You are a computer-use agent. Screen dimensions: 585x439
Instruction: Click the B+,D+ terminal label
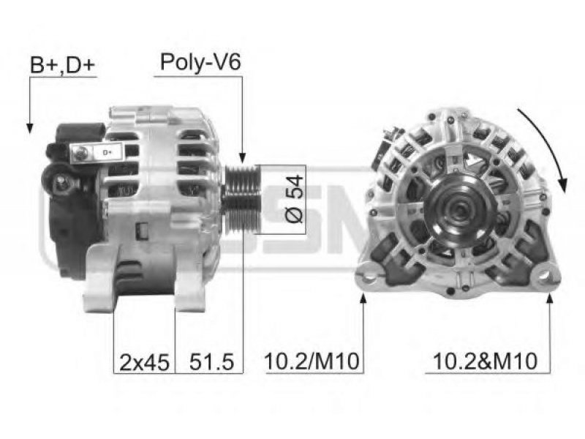(63, 65)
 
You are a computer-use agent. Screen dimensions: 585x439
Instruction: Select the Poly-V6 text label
(200, 61)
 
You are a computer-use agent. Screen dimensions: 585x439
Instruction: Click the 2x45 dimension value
(144, 361)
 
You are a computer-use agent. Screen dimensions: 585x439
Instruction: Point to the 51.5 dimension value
(211, 361)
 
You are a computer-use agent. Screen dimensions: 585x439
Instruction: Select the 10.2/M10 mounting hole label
(312, 361)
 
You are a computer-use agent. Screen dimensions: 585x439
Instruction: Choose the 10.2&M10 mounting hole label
(486, 361)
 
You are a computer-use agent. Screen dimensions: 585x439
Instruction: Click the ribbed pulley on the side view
(241, 199)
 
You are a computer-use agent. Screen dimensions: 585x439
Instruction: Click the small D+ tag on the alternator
(107, 153)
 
